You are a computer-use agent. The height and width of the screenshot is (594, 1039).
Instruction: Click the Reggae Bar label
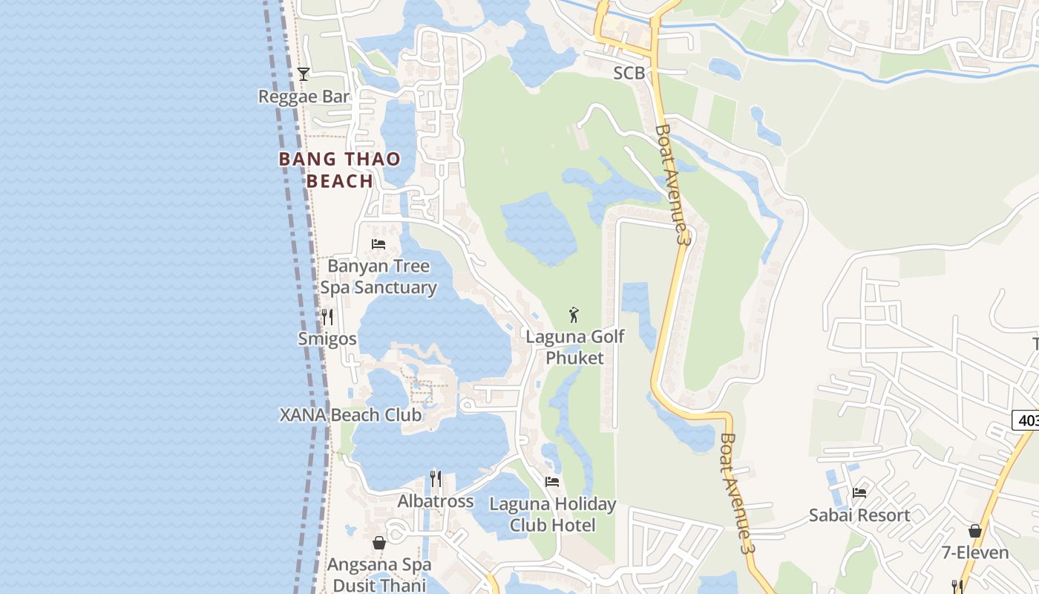[304, 97]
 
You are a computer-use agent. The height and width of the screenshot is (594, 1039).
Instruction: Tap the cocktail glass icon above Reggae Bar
[304, 74]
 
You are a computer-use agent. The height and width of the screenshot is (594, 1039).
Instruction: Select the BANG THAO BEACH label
[339, 170]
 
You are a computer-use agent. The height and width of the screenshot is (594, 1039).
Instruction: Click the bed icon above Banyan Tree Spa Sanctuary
[378, 244]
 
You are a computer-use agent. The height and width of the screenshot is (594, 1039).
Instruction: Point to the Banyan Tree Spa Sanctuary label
[378, 276]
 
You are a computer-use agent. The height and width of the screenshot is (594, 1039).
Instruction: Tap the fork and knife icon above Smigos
[327, 317]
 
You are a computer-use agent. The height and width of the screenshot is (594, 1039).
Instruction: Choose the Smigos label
[327, 339]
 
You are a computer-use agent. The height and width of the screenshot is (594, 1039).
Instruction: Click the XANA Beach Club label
[350, 415]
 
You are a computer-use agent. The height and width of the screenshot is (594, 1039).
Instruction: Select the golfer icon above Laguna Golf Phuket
[574, 315]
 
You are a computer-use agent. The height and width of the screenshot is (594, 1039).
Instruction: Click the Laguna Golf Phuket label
[575, 347]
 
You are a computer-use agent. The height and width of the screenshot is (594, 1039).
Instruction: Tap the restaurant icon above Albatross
[436, 479]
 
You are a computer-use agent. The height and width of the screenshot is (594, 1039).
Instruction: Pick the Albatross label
[436, 501]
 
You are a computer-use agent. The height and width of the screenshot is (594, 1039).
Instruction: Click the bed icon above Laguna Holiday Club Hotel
[552, 481]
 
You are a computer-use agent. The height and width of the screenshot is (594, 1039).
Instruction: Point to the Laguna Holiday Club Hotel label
[553, 515]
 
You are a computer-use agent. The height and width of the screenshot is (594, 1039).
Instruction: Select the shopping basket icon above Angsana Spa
[379, 543]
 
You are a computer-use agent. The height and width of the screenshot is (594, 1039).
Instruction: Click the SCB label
[629, 74]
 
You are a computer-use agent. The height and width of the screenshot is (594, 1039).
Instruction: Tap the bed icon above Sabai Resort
[859, 492]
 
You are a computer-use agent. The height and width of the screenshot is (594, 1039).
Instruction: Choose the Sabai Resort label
[859, 515]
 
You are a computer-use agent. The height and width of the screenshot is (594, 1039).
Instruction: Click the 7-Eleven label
[975, 553]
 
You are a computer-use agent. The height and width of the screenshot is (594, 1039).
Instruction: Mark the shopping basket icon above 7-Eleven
[975, 531]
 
